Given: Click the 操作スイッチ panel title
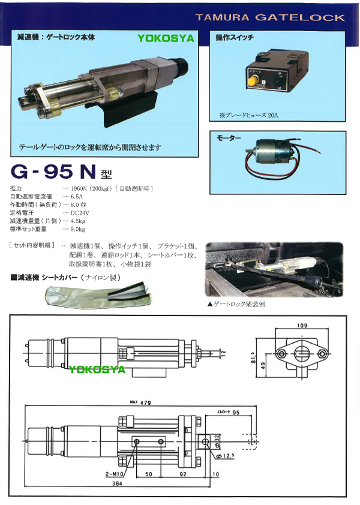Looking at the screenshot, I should click(235, 38).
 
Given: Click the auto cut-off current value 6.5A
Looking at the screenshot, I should click(77, 196).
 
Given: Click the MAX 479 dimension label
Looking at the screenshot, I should click(140, 402).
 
